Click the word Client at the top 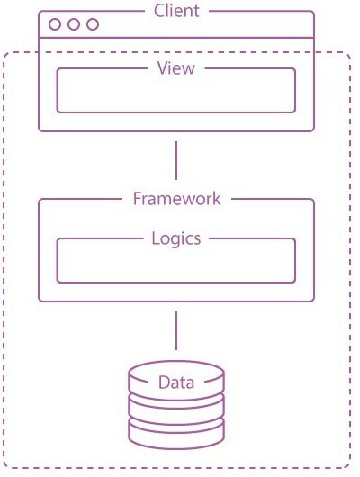tap(176, 11)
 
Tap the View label tap(176, 68)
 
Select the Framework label tap(176, 199)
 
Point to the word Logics tap(176, 238)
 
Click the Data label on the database tap(176, 382)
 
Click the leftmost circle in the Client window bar tap(55, 24)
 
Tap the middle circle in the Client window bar tap(74, 24)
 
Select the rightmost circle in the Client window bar tap(93, 24)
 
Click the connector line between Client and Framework tap(176, 160)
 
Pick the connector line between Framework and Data tap(176, 330)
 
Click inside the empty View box tap(176, 93)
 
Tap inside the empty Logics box tap(176, 263)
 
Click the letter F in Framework tap(137, 199)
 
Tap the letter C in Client tap(158, 11)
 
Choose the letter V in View tap(163, 68)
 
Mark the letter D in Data tap(164, 382)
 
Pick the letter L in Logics tap(156, 238)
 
